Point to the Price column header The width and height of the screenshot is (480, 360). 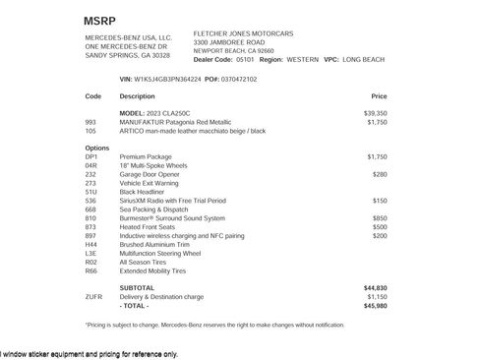click(379, 96)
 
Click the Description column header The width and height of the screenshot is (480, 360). click(138, 96)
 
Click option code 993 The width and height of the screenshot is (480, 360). click(91, 122)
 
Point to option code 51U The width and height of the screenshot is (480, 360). click(91, 192)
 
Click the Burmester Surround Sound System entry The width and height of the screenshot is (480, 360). click(173, 218)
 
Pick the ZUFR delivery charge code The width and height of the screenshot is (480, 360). click(93, 296)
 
